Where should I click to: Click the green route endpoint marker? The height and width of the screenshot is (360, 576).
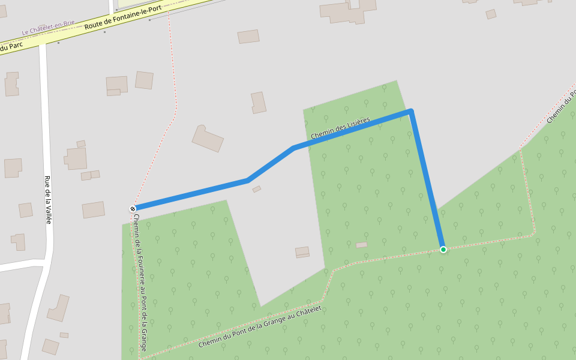pyautogui.click(x=443, y=249)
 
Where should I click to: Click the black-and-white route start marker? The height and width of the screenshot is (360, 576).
pyautogui.click(x=133, y=209)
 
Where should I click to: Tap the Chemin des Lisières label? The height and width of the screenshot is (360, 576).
pyautogui.click(x=340, y=128)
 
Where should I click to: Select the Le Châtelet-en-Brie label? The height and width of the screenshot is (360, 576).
pyautogui.click(x=48, y=27)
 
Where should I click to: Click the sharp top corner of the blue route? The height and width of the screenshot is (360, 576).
pyautogui.click(x=410, y=111)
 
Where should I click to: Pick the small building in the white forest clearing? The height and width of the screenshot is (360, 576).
pyautogui.click(x=302, y=252)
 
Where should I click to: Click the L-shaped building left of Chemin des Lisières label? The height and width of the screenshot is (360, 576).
pyautogui.click(x=208, y=138)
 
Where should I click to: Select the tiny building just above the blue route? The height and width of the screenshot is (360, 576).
pyautogui.click(x=257, y=189)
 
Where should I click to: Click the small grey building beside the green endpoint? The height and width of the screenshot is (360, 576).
pyautogui.click(x=361, y=245)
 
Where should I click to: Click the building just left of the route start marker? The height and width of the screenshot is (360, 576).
pyautogui.click(x=94, y=209)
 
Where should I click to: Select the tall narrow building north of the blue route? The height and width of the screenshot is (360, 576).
pyautogui.click(x=259, y=103)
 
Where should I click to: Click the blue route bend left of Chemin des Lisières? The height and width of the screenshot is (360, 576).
pyautogui.click(x=293, y=148)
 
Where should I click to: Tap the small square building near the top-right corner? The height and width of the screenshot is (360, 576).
pyautogui.click(x=491, y=14)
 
